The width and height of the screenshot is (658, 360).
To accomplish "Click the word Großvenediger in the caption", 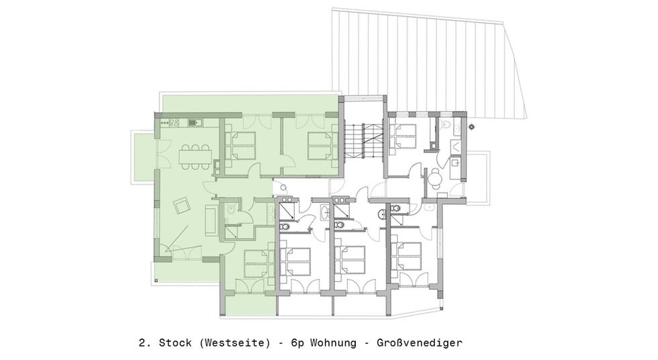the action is (419, 343).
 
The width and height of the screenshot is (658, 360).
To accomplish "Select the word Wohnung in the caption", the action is (333, 343).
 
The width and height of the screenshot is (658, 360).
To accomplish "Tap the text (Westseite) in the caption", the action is (234, 343).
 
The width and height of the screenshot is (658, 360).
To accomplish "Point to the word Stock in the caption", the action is (175, 343).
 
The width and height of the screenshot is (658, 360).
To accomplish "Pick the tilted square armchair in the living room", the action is (183, 206).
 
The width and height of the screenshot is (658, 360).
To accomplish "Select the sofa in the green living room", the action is (211, 219).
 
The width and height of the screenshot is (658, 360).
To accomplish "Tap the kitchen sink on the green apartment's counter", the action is (195, 122).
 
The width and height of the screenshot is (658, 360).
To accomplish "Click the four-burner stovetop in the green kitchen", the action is (174, 122).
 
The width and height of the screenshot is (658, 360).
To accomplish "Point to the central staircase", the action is (363, 140).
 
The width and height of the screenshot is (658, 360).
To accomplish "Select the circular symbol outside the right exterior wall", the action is (472, 126).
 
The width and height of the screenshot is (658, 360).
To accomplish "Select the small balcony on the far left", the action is (143, 157).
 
